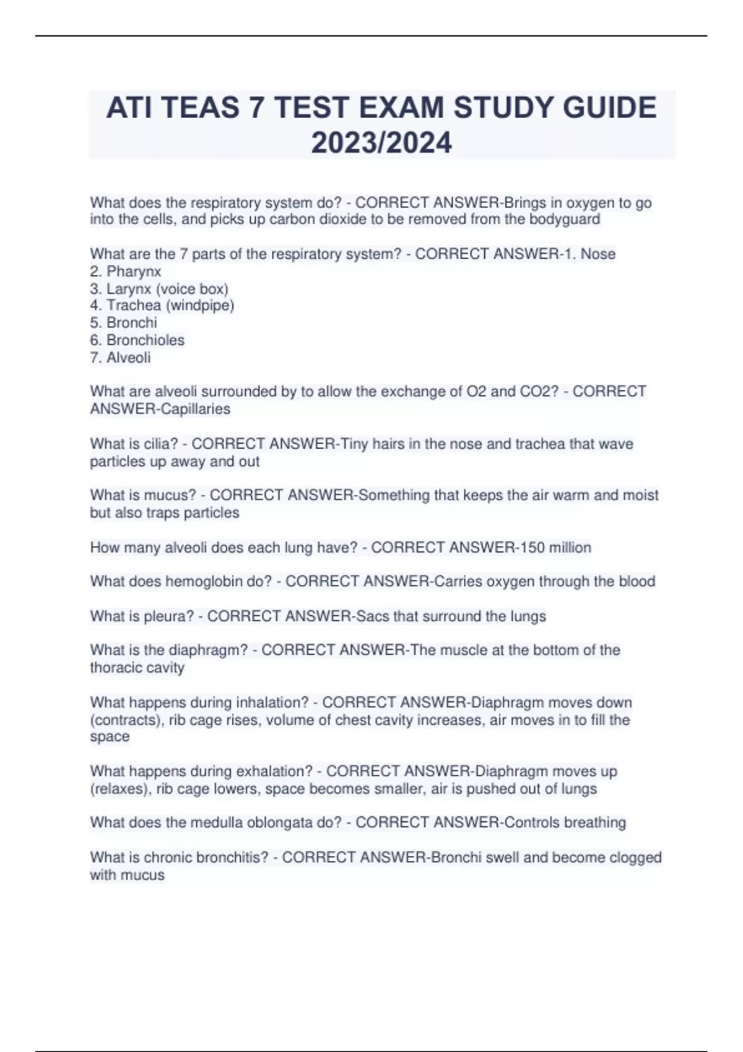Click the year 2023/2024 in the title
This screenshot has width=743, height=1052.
pos(381,143)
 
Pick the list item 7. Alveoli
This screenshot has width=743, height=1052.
pos(120,358)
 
